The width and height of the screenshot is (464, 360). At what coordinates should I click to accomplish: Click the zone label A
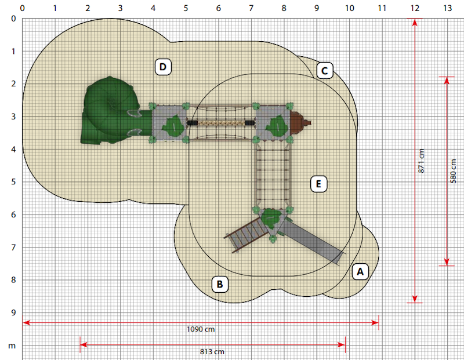coord(360,271)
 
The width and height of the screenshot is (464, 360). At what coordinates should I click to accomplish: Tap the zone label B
coord(220,284)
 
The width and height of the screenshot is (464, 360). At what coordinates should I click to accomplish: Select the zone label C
coord(325,71)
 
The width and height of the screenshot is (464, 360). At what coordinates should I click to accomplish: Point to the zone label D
coord(163,67)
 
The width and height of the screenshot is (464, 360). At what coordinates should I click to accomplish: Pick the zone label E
coord(318,184)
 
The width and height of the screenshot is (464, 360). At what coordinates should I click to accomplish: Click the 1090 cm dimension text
coord(201,329)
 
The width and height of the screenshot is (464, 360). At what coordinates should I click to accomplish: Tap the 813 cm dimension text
coord(212,352)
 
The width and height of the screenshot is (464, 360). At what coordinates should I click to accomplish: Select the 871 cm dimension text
coord(422,161)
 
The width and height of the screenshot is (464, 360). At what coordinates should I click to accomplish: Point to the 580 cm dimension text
coord(453,171)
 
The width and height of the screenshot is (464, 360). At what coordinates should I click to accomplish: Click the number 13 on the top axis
coord(447,8)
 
